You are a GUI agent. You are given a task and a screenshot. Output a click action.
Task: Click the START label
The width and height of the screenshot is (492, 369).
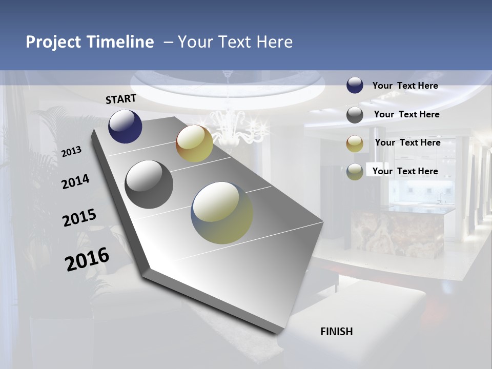point(121,98)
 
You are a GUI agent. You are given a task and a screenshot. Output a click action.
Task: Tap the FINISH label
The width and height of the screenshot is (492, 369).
point(336,331)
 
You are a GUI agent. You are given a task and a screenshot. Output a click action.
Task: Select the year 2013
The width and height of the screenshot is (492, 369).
point(71,152)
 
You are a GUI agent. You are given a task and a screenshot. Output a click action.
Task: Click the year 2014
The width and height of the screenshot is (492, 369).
point(75,181)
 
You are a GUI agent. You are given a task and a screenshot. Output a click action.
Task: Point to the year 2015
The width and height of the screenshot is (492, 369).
point(79,217)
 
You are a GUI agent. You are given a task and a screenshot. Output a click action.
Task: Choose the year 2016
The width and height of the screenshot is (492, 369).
point(87,259)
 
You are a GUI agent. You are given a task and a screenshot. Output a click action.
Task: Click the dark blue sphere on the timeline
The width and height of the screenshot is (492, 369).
point(125,126)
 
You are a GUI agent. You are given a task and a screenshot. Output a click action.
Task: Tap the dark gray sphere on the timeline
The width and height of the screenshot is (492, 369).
point(149,184)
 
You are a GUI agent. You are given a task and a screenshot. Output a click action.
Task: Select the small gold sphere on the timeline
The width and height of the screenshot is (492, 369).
point(194,143)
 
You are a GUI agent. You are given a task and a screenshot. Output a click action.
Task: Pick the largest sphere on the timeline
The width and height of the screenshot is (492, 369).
point(222,213)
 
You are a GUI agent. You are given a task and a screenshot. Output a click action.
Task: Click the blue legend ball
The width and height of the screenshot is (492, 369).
point(355,86)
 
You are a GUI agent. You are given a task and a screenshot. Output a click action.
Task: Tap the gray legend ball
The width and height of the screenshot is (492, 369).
point(355,115)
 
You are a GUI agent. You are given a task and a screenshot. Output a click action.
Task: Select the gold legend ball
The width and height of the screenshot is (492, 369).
point(355,143)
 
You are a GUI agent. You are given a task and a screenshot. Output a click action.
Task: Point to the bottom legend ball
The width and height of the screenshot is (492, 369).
point(355,172)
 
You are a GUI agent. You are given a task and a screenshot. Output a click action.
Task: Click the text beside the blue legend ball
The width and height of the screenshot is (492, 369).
point(405,86)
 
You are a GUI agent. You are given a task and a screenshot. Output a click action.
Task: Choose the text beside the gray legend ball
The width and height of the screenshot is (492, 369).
point(406,114)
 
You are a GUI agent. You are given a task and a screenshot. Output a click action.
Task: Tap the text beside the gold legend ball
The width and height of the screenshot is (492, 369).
point(407,142)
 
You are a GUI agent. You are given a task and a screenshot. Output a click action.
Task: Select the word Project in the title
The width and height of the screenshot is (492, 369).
point(52,42)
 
